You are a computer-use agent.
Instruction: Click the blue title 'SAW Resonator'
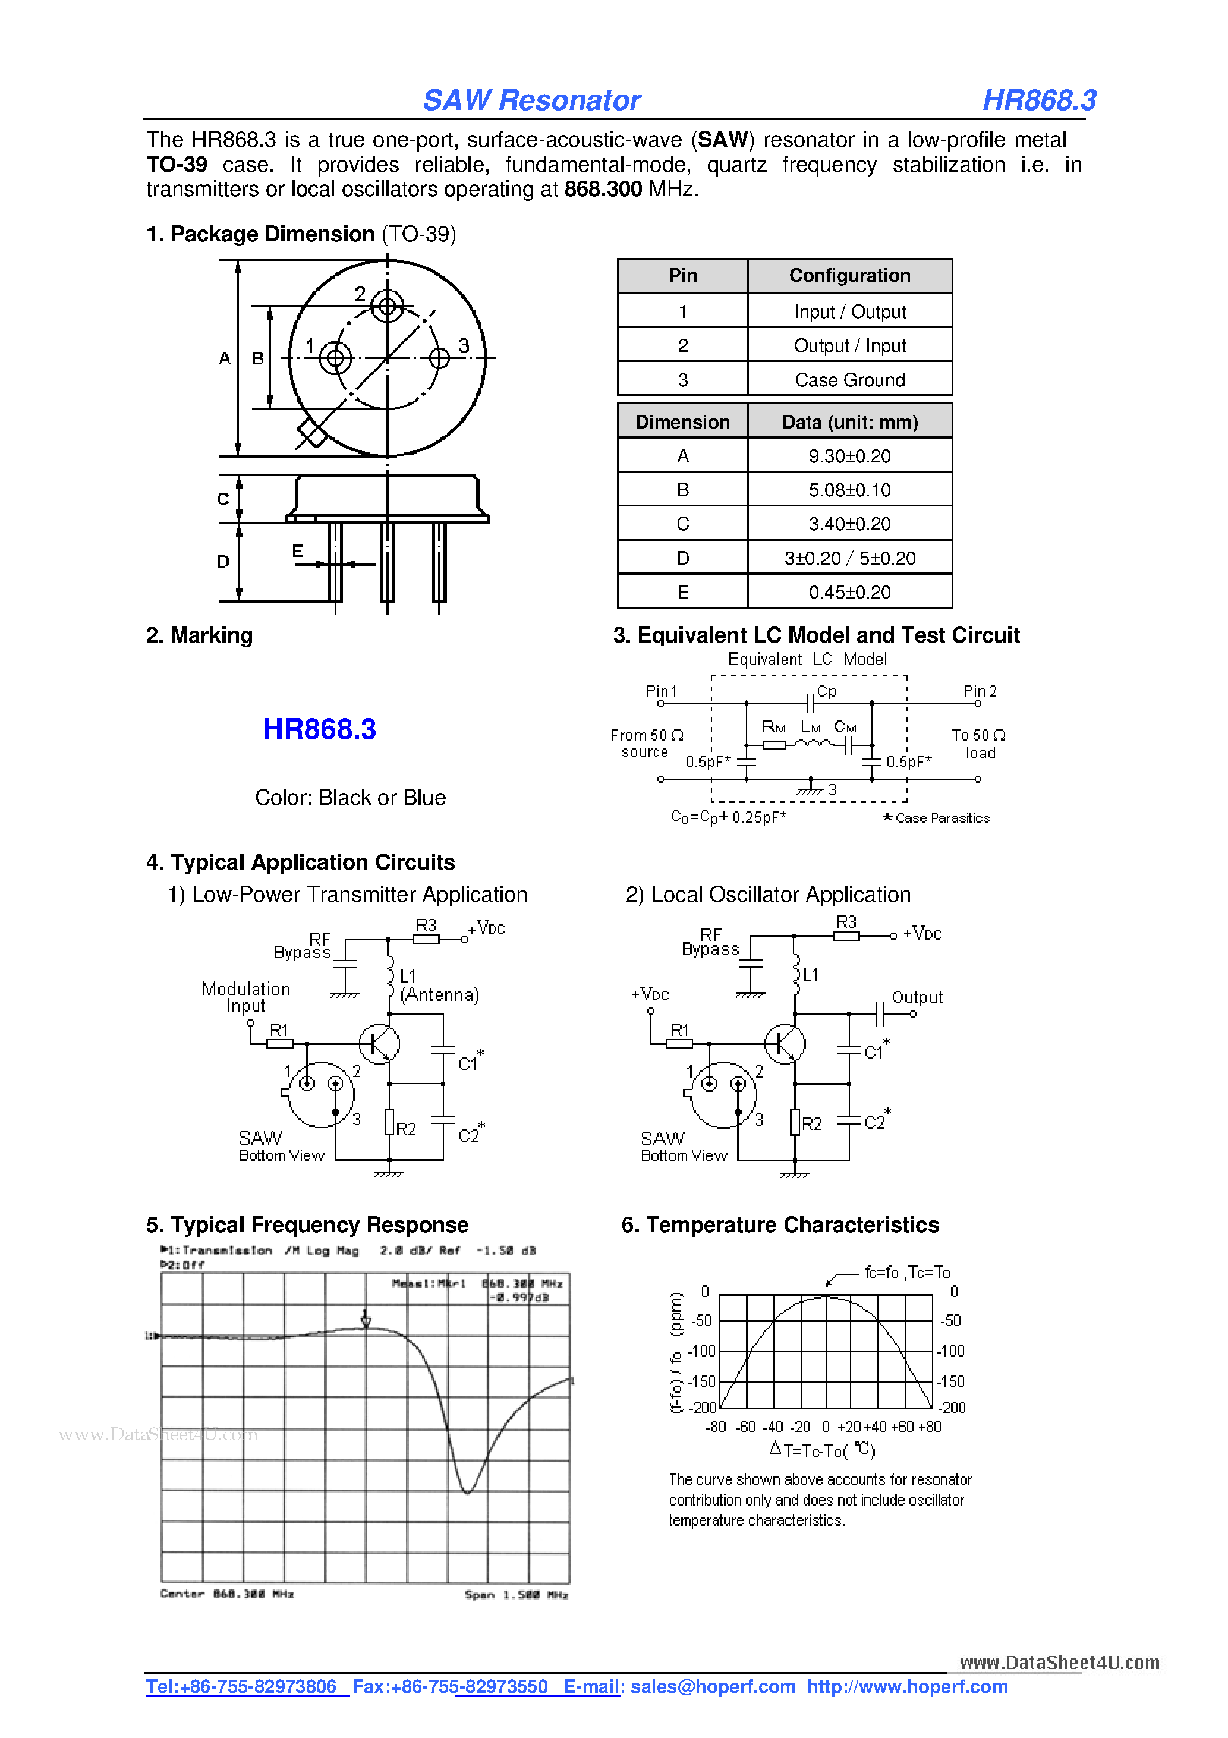tap(531, 100)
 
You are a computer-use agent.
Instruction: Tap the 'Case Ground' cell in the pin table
tap(849, 379)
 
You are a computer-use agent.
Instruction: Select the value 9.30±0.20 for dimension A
tap(849, 456)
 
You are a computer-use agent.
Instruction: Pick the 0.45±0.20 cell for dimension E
tap(849, 592)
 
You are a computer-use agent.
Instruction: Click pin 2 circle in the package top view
tap(387, 307)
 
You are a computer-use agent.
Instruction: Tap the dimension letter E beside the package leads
tap(298, 551)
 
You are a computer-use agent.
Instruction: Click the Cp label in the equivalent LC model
tap(827, 691)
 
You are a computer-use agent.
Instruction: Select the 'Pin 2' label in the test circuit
tap(980, 691)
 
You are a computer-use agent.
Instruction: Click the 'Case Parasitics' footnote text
tap(942, 818)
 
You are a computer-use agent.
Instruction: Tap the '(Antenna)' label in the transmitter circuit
tap(439, 994)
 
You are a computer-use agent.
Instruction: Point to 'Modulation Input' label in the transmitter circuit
tap(245, 997)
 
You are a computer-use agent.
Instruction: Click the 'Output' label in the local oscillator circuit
tap(917, 997)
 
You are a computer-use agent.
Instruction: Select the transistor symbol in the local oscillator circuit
tap(785, 1043)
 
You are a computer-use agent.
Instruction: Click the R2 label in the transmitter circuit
tap(407, 1129)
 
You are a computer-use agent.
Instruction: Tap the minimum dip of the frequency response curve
tap(467, 1493)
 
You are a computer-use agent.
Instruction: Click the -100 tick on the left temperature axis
tap(702, 1351)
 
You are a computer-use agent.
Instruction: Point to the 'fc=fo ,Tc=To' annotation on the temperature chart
tap(907, 1273)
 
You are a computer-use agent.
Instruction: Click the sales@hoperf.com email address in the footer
tap(713, 1686)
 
